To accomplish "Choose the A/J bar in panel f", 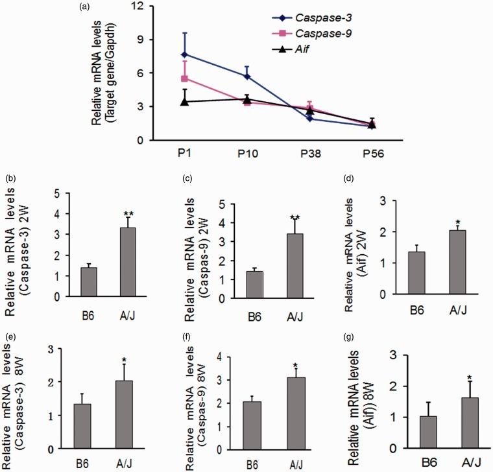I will [x=294, y=414].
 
